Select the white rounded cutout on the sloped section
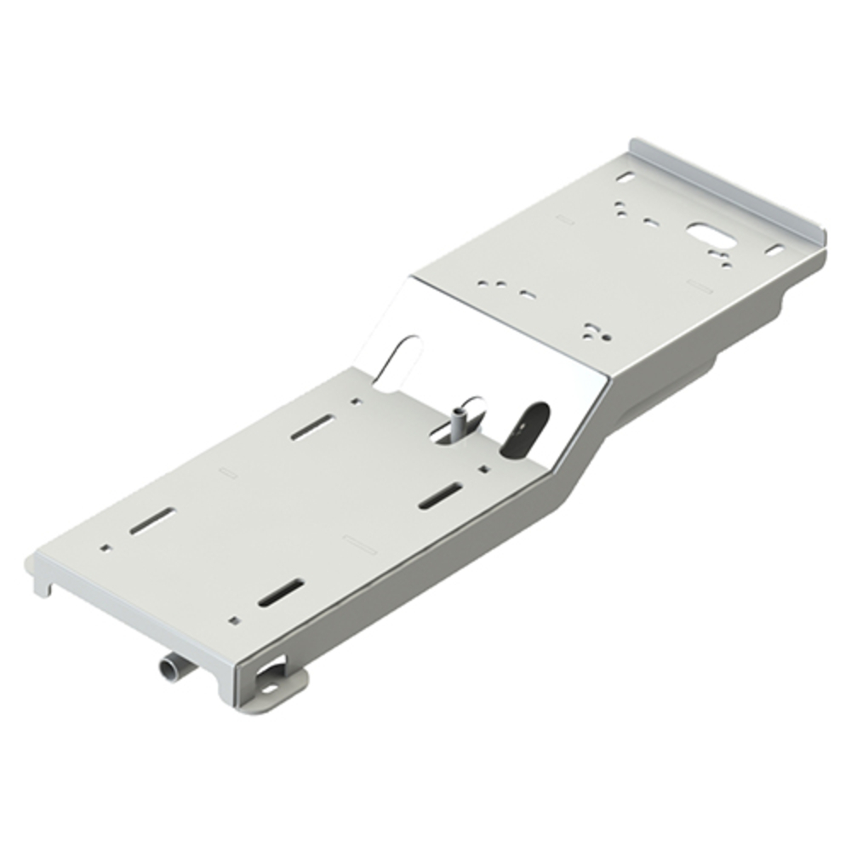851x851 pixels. tap(398, 362)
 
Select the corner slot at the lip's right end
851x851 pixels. tap(774, 250)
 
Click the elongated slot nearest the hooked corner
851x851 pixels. tap(152, 521)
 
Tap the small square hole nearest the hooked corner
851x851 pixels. tap(105, 548)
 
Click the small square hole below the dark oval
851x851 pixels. tap(483, 468)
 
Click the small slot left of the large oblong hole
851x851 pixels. tap(651, 223)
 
